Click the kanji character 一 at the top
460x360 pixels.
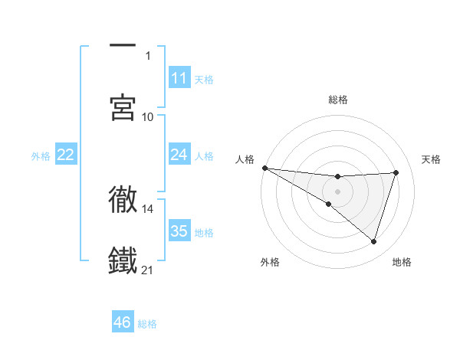coord(123,47)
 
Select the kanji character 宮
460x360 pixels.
coord(123,107)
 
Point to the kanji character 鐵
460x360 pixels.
coord(123,260)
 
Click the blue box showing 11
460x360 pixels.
coord(179,78)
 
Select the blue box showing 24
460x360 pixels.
coord(179,155)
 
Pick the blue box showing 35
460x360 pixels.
coord(179,231)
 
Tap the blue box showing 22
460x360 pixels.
coord(65,155)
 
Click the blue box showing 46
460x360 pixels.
coord(122,322)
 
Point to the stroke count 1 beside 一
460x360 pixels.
coord(148,55)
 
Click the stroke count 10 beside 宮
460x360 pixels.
coord(148,116)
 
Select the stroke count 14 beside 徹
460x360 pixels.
coord(148,208)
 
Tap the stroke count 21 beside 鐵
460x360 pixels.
coord(148,270)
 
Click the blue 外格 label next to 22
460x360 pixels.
coord(41,155)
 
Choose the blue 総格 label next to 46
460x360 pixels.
coord(147,324)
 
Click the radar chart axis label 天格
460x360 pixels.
coord(432,159)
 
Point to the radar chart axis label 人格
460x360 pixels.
coord(244,159)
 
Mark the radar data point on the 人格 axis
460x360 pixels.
coord(264,168)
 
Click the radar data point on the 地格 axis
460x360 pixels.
coord(374,242)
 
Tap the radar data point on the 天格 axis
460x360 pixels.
coord(396,172)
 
